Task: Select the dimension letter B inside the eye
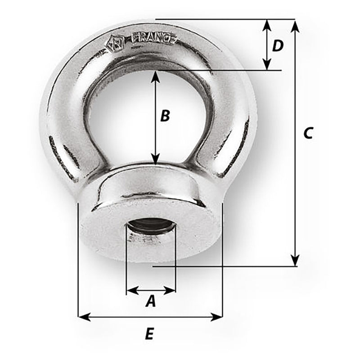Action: [165, 116]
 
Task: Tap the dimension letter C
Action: [307, 133]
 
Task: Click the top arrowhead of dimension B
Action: [155, 75]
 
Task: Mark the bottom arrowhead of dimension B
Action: [155, 160]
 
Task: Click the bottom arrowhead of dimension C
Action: [295, 261]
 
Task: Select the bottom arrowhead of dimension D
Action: [267, 65]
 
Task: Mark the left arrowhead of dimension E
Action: [83, 318]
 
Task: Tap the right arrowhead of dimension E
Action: [218, 318]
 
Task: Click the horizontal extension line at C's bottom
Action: [225, 266]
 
